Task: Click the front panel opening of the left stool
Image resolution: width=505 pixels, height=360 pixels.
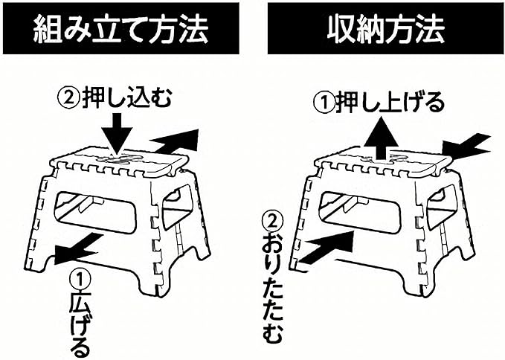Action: [97, 210]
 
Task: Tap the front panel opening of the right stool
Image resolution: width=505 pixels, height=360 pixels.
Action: [361, 210]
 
